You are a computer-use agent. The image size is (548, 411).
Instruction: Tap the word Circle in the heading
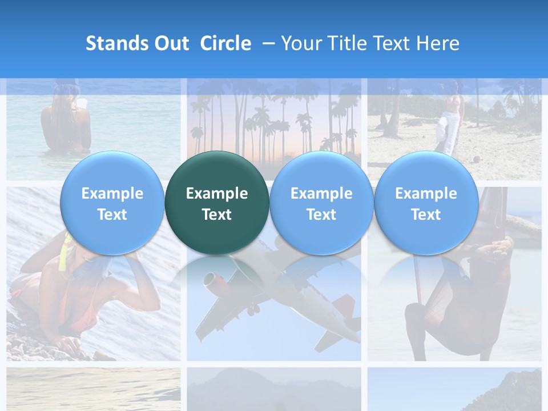(225, 43)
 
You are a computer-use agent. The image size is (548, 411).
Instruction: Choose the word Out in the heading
(171, 43)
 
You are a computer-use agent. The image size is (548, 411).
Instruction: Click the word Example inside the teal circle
(217, 194)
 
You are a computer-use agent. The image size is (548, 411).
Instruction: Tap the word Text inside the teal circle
(217, 215)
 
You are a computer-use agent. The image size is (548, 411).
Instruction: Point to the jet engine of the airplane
(212, 281)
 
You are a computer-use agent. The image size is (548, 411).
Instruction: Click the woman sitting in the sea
(66, 120)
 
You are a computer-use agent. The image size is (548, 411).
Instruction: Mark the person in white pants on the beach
(450, 120)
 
